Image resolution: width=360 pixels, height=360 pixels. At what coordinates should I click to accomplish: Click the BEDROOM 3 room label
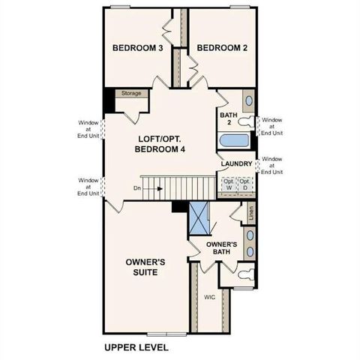pos(138,49)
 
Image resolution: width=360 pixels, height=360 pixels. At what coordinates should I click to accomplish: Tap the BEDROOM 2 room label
pos(222,49)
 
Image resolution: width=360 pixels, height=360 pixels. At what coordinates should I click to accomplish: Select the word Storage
pos(132,94)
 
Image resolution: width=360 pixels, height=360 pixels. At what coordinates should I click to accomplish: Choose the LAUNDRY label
pos(236,163)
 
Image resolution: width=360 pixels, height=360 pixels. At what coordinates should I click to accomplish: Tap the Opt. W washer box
pos(227,184)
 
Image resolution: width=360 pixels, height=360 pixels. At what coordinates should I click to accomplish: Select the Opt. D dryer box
pos(244,184)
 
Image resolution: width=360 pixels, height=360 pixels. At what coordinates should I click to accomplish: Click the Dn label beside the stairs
pos(136,188)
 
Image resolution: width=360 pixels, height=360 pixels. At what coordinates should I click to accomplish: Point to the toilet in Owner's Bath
pos(244,277)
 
